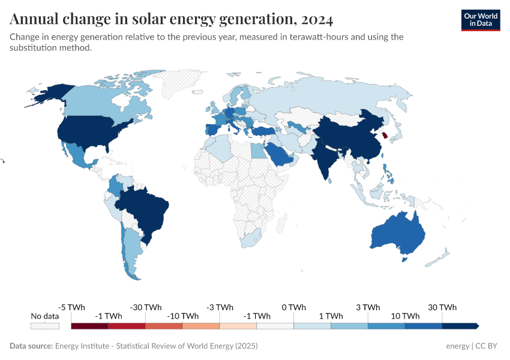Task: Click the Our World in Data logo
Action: pos(480,19)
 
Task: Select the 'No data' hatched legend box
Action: pos(45,326)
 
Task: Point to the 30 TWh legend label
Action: pos(442,307)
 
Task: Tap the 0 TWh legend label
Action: pos(293,307)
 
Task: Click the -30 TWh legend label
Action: pos(145,307)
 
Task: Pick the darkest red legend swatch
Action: pos(89,326)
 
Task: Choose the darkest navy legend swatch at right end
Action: pos(460,326)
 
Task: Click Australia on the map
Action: pos(398,233)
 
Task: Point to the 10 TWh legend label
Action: pos(405,316)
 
